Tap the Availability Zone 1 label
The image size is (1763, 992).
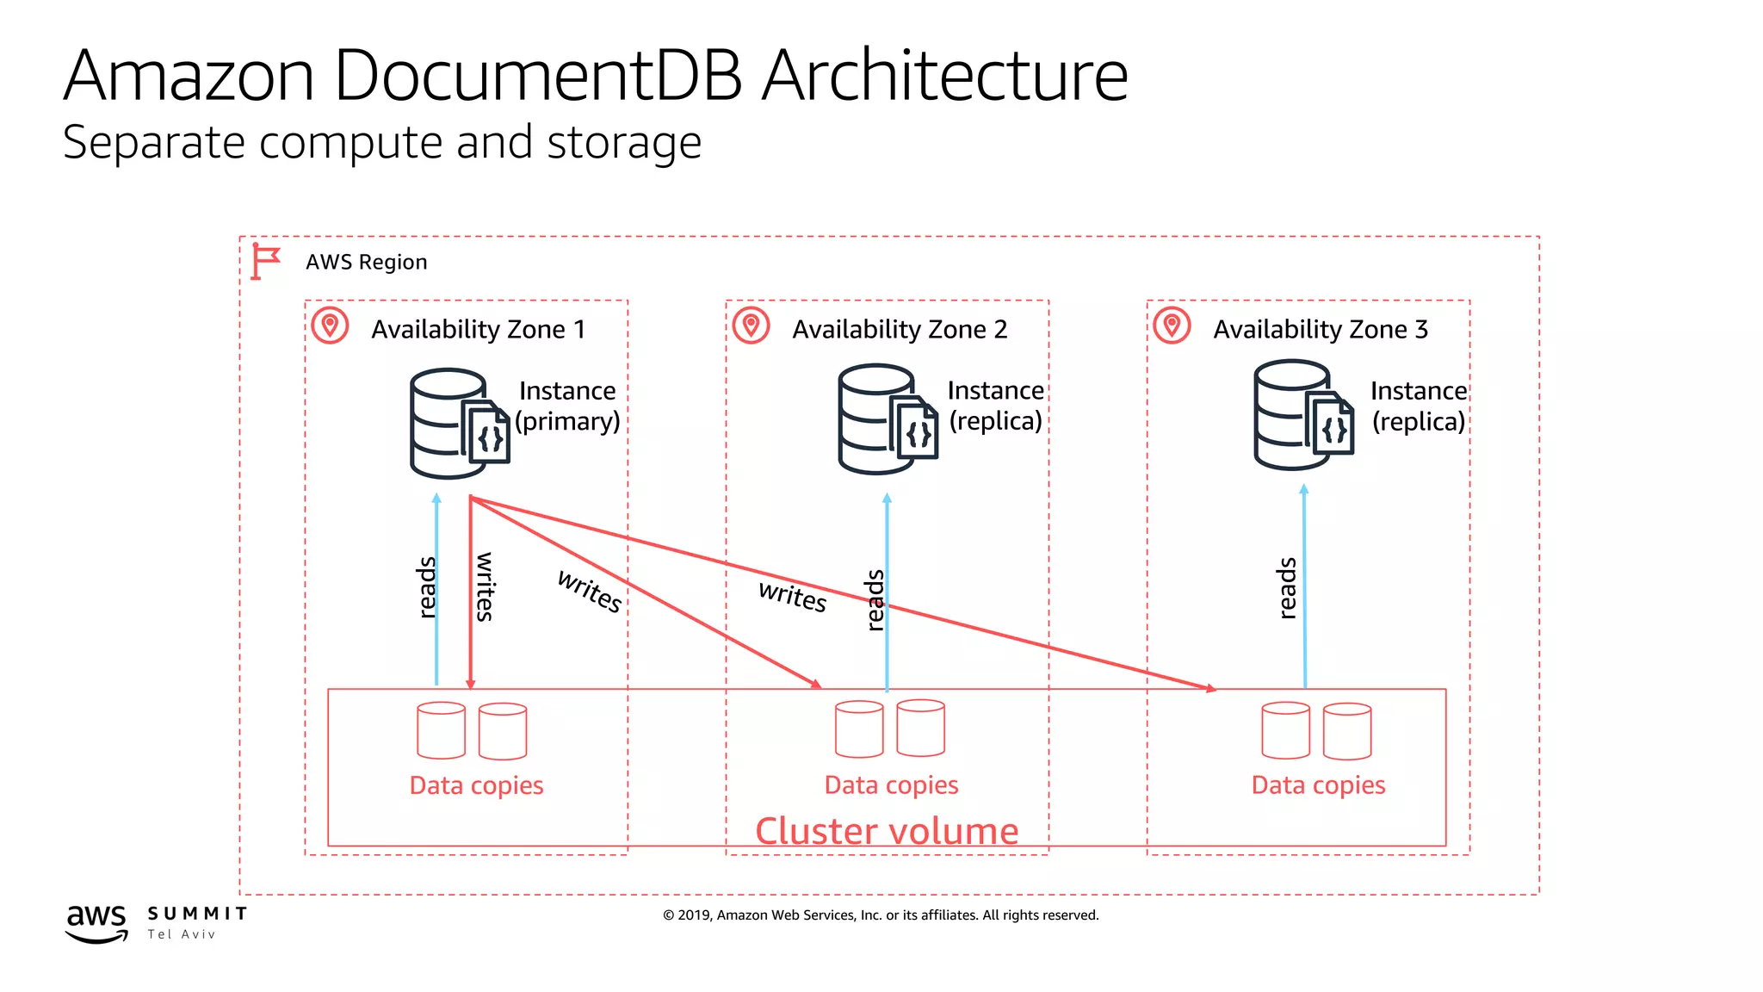pyautogui.click(x=478, y=329)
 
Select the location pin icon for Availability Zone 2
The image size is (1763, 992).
pyautogui.click(x=751, y=325)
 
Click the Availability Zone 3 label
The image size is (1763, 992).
pyautogui.click(x=1320, y=329)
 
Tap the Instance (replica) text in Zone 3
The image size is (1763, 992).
pyautogui.click(x=1418, y=406)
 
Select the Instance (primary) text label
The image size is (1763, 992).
pyautogui.click(x=567, y=406)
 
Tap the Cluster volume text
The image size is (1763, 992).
pyautogui.click(x=887, y=831)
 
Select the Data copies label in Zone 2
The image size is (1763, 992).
pyautogui.click(x=891, y=784)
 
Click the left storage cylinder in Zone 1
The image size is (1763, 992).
pyautogui.click(x=441, y=730)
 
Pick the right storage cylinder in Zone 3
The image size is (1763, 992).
pyautogui.click(x=1347, y=731)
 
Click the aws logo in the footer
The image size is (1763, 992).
pyautogui.click(x=96, y=922)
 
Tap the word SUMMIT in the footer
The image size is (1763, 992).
pyautogui.click(x=197, y=914)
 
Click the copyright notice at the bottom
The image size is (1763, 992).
pyautogui.click(x=881, y=914)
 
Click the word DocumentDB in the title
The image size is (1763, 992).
pyautogui.click(x=538, y=76)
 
